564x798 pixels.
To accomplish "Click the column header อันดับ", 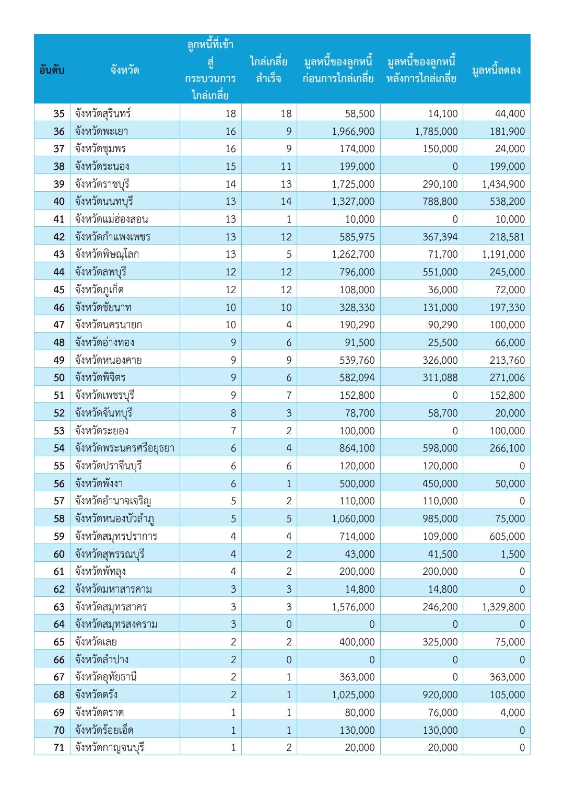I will point(52,70).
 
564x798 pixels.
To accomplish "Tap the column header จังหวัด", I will point(124,70).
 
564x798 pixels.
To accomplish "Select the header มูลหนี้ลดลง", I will point(496,70).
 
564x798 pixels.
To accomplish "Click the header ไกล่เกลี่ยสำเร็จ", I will point(268,70).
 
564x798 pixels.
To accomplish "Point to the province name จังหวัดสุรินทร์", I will point(102,113).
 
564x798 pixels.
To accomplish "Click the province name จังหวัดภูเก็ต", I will point(99,290).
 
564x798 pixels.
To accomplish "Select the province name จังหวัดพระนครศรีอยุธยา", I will point(124,448).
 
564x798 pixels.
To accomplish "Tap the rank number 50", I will point(59,377).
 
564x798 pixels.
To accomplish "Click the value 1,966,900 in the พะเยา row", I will point(353,131).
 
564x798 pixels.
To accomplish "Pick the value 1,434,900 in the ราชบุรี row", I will point(503,184).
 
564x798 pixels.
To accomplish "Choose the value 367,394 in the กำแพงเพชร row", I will point(440,237).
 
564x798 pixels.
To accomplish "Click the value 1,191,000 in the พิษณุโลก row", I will point(503,255).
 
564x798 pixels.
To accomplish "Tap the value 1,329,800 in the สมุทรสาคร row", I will point(503,607).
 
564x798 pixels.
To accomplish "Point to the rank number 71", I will point(59,747).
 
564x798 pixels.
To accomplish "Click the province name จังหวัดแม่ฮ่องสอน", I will point(111,219).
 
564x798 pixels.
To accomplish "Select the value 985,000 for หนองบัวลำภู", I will point(440,518).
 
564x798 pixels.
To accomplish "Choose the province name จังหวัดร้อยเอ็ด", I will point(104,730).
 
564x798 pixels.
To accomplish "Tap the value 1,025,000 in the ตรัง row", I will point(353,695).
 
